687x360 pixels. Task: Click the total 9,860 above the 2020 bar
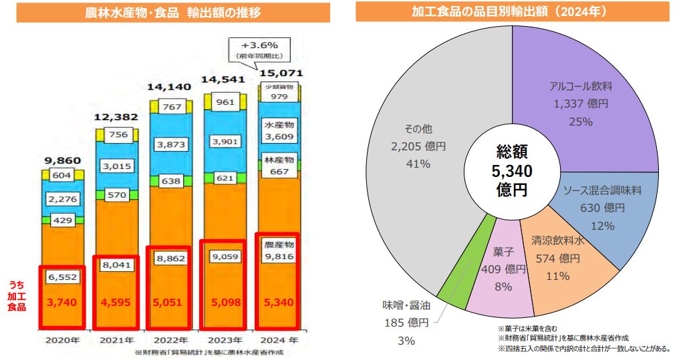coord(61,160)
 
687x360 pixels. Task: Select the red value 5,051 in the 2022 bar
coord(168,301)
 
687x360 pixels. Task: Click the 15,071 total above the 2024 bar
coord(281,73)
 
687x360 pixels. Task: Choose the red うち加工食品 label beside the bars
coord(18,295)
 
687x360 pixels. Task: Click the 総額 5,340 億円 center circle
coord(511,170)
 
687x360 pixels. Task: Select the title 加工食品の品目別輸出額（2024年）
coord(512,11)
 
